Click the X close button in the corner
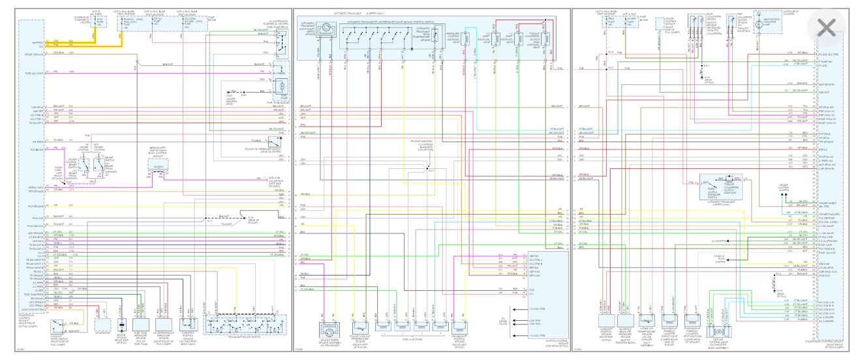826,27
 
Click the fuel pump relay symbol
281,48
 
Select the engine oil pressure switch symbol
278,140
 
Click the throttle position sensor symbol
192,323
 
